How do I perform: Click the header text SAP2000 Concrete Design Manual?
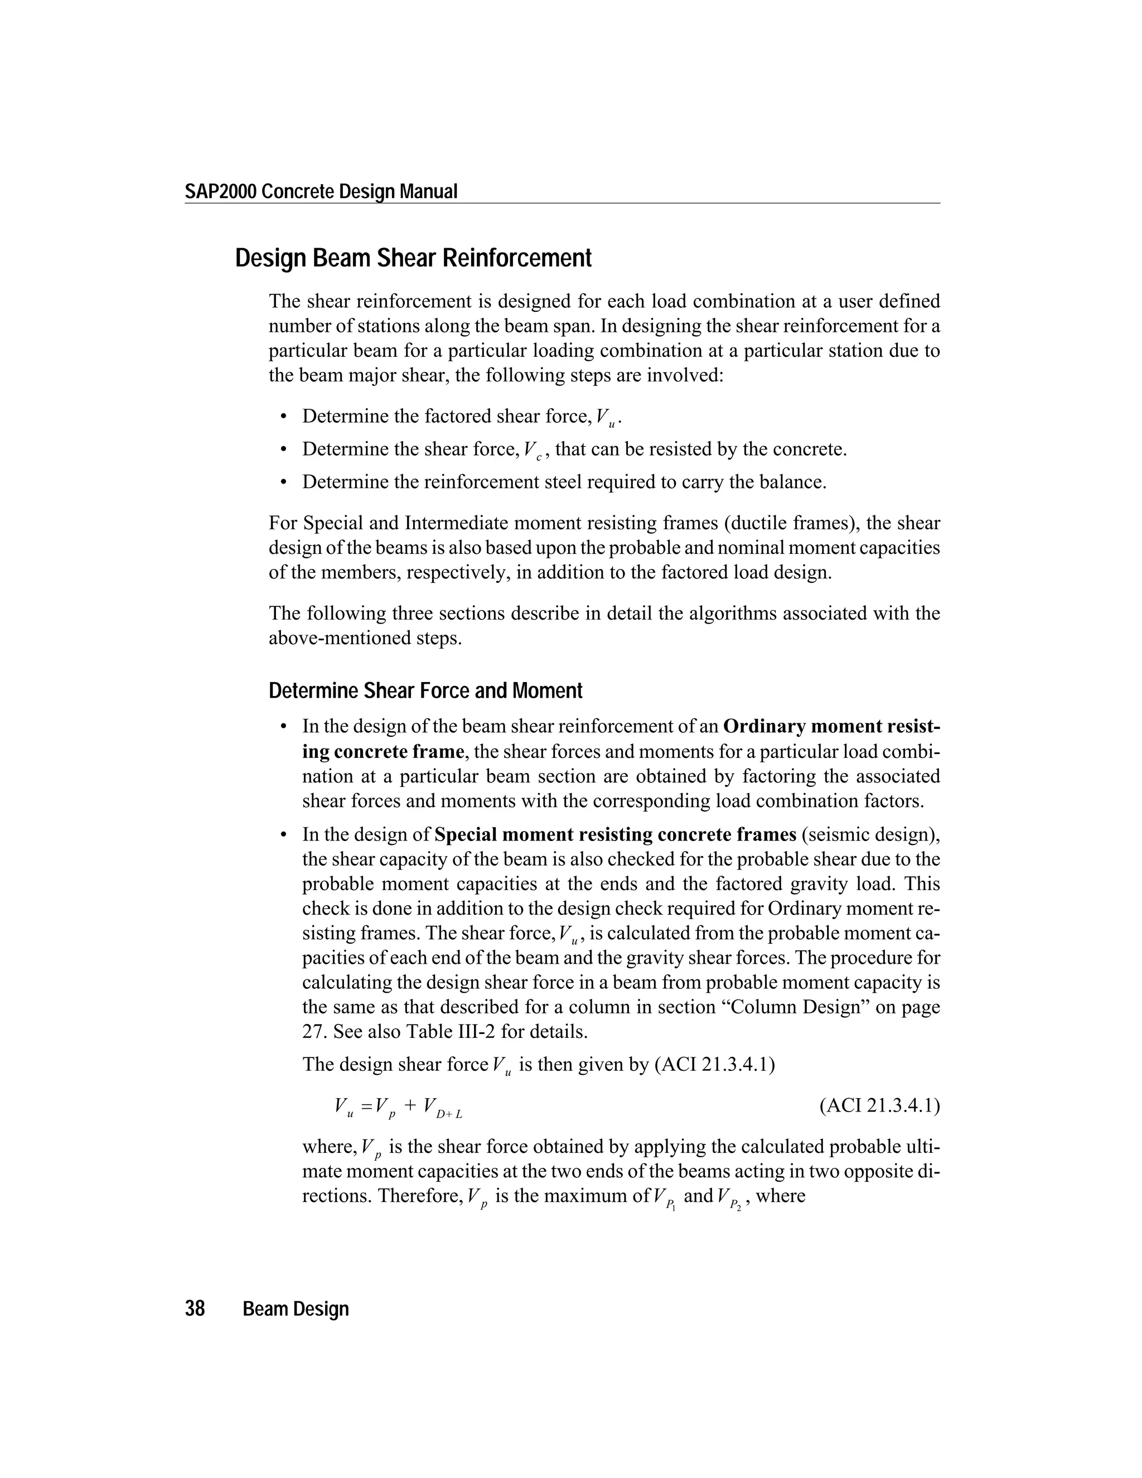click(321, 192)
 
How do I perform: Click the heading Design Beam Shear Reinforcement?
click(413, 259)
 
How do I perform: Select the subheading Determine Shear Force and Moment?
click(425, 691)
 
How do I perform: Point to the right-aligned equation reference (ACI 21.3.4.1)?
click(879, 1106)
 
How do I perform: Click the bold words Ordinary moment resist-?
click(831, 727)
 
